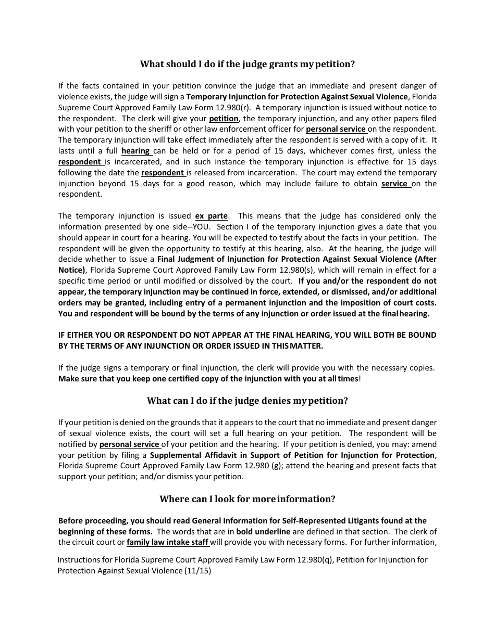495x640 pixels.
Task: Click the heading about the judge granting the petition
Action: (247, 65)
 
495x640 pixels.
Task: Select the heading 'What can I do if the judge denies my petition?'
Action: (247, 401)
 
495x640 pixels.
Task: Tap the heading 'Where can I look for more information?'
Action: (247, 499)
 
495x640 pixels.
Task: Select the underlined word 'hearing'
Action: (135, 151)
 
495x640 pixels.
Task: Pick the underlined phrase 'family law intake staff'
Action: (167, 542)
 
